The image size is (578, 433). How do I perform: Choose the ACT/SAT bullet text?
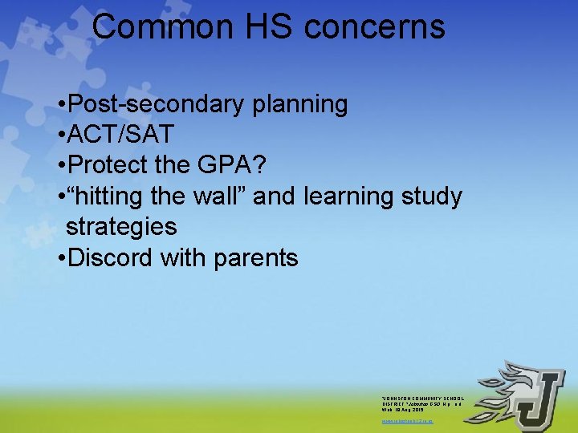121,135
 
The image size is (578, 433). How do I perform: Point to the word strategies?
121,227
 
